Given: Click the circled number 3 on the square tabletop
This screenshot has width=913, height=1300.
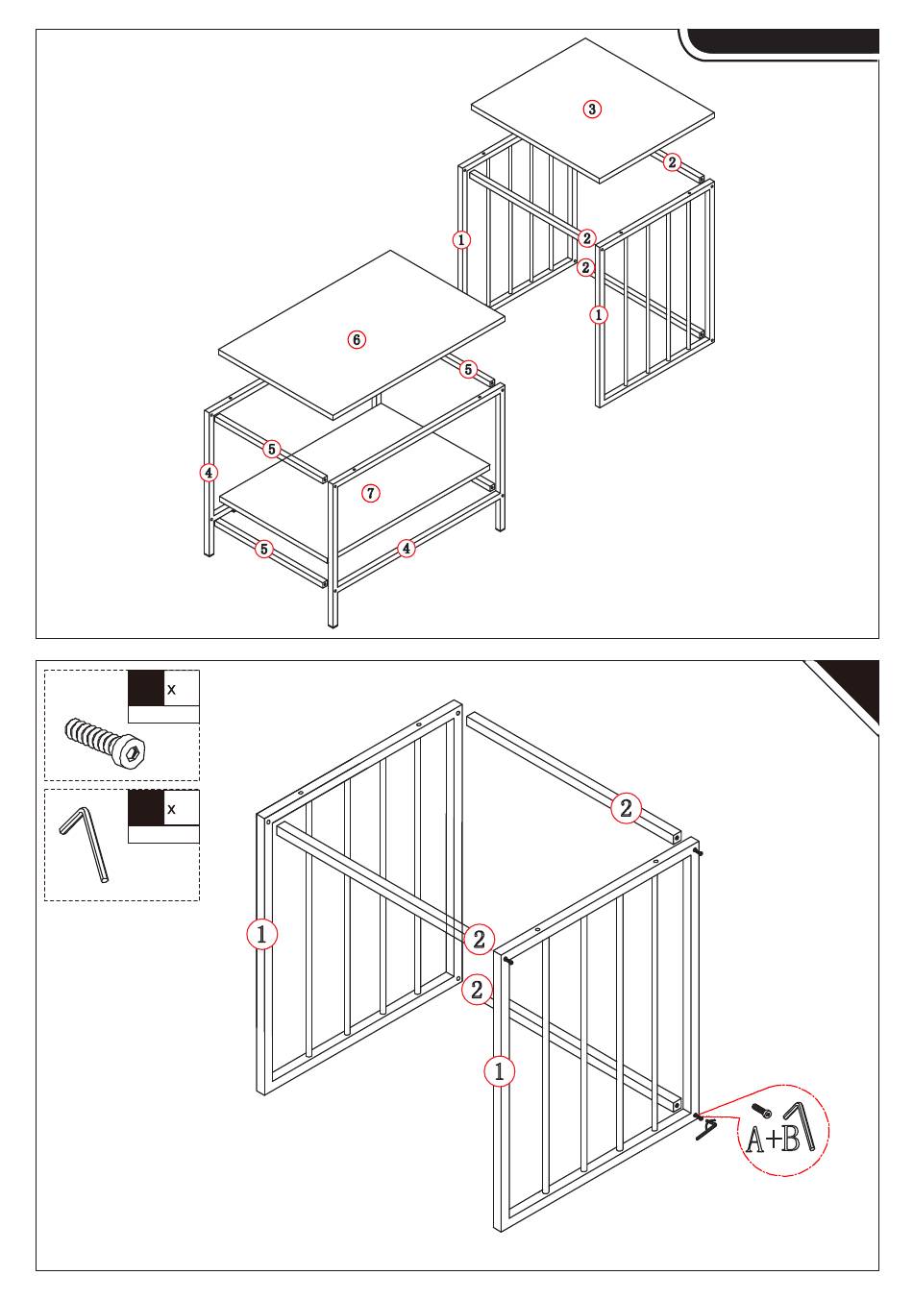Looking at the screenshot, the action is (591, 110).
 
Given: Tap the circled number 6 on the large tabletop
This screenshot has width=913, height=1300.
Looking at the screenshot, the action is (357, 339).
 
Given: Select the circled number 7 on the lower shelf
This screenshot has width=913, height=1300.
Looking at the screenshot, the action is (371, 493).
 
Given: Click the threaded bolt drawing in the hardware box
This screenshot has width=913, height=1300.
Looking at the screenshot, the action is (105, 745).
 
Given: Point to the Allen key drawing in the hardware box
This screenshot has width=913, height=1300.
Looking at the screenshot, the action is (86, 846).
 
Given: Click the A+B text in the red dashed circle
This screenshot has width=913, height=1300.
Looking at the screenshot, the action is (773, 1139).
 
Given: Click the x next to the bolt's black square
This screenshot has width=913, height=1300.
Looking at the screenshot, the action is (171, 690).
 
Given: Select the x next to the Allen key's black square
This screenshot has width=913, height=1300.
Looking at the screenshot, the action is (171, 809).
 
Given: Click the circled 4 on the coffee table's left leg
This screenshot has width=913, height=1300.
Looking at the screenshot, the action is (209, 473).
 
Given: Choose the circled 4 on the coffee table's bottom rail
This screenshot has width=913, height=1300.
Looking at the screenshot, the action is (407, 549).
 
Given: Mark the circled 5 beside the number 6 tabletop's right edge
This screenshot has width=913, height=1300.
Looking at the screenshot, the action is (468, 369).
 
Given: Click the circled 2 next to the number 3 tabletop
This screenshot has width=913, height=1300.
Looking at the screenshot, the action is (672, 162).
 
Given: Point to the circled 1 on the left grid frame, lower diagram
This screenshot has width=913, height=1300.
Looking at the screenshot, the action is (261, 934).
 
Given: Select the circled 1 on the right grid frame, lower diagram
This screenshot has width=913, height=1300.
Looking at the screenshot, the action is (499, 1071).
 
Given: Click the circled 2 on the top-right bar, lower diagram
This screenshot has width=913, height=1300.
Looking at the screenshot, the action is (626, 808).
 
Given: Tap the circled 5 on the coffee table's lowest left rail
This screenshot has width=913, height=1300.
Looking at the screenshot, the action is (264, 549).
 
